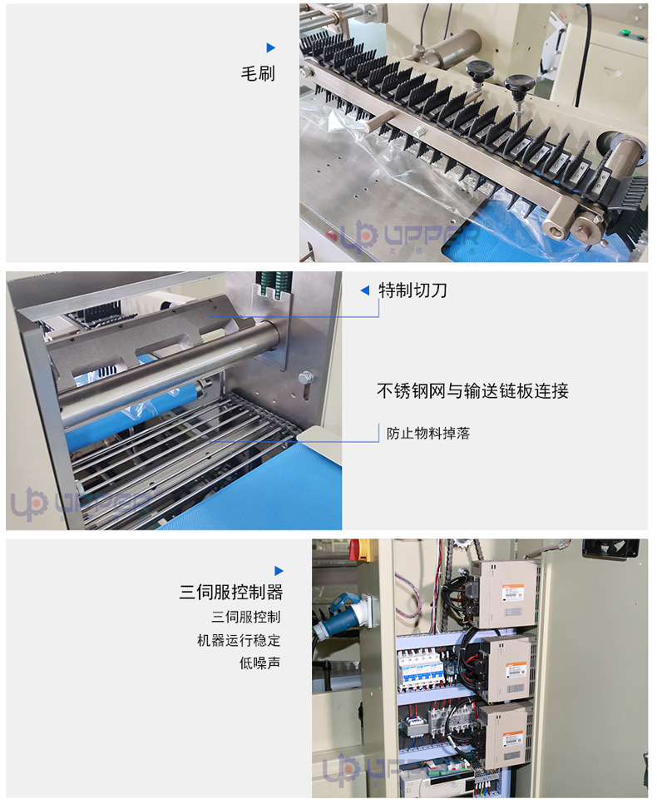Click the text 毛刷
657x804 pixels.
(258, 73)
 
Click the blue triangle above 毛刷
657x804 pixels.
(270, 47)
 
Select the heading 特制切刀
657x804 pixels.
(412, 290)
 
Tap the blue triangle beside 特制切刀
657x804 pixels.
(364, 290)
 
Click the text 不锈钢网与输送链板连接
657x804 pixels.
(472, 390)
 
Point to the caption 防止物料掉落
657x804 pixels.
(428, 434)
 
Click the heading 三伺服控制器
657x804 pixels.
(231, 593)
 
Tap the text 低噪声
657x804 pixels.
(259, 663)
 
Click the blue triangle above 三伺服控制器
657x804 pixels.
(279, 570)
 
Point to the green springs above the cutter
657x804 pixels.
(272, 284)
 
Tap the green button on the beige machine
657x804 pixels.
(624, 33)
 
